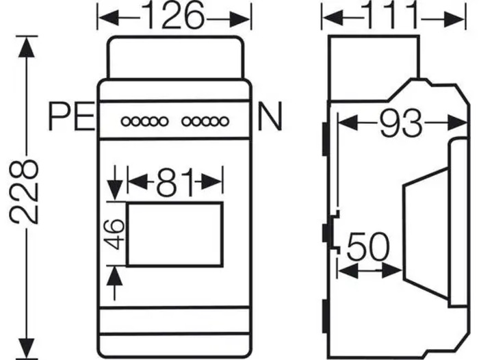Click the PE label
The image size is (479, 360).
71,118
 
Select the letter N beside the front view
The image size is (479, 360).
269,118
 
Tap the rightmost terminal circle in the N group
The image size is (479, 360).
224,122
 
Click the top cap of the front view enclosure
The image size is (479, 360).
175,57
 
